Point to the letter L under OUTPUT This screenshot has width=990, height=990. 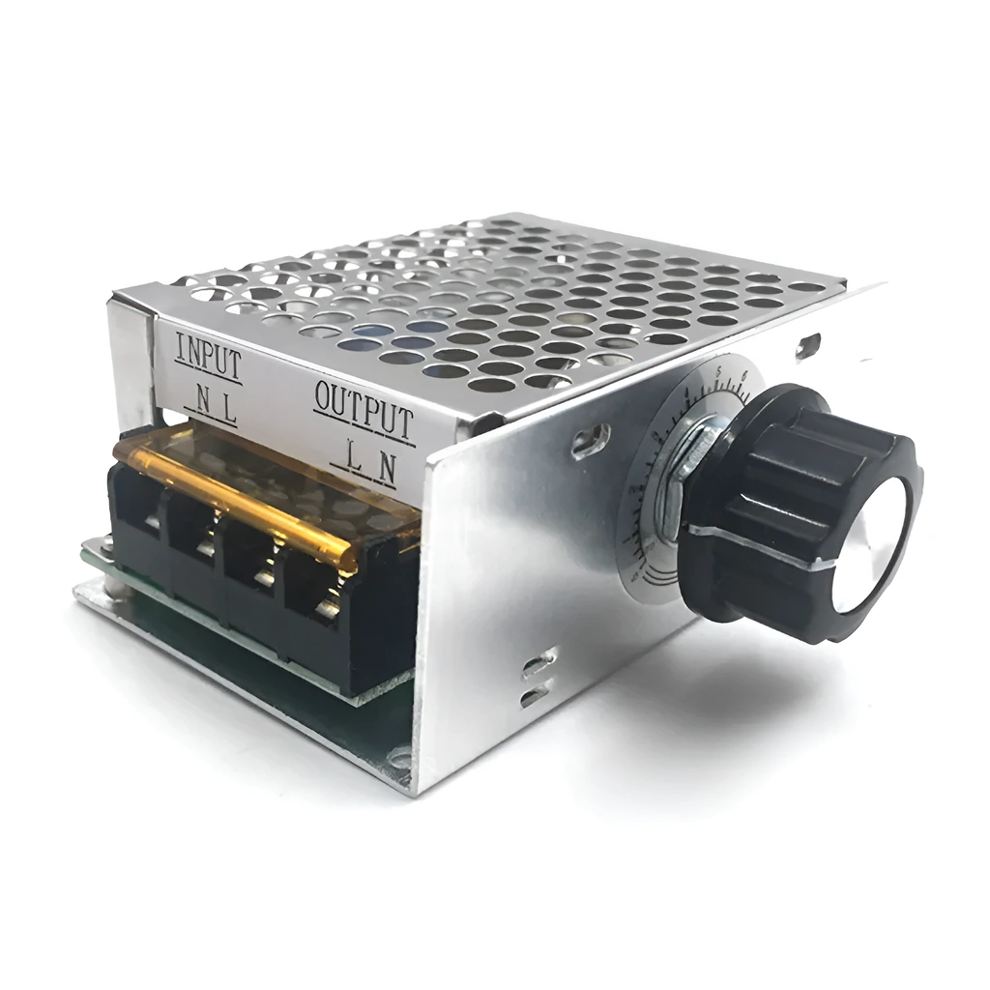click(x=355, y=461)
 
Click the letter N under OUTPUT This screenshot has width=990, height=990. click(x=386, y=468)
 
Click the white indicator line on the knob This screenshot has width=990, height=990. click(x=764, y=546)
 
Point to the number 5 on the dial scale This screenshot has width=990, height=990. click(x=718, y=370)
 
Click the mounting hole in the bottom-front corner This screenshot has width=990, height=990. click(x=398, y=759)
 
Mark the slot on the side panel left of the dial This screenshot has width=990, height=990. click(x=589, y=441)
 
